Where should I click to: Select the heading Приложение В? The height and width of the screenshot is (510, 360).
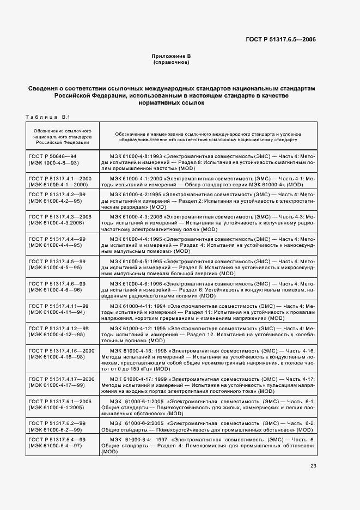pyautogui.click(x=171, y=57)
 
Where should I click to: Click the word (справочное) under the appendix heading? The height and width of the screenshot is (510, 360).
pyautogui.click(x=171, y=63)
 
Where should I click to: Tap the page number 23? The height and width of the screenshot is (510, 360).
pyautogui.click(x=313, y=465)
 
